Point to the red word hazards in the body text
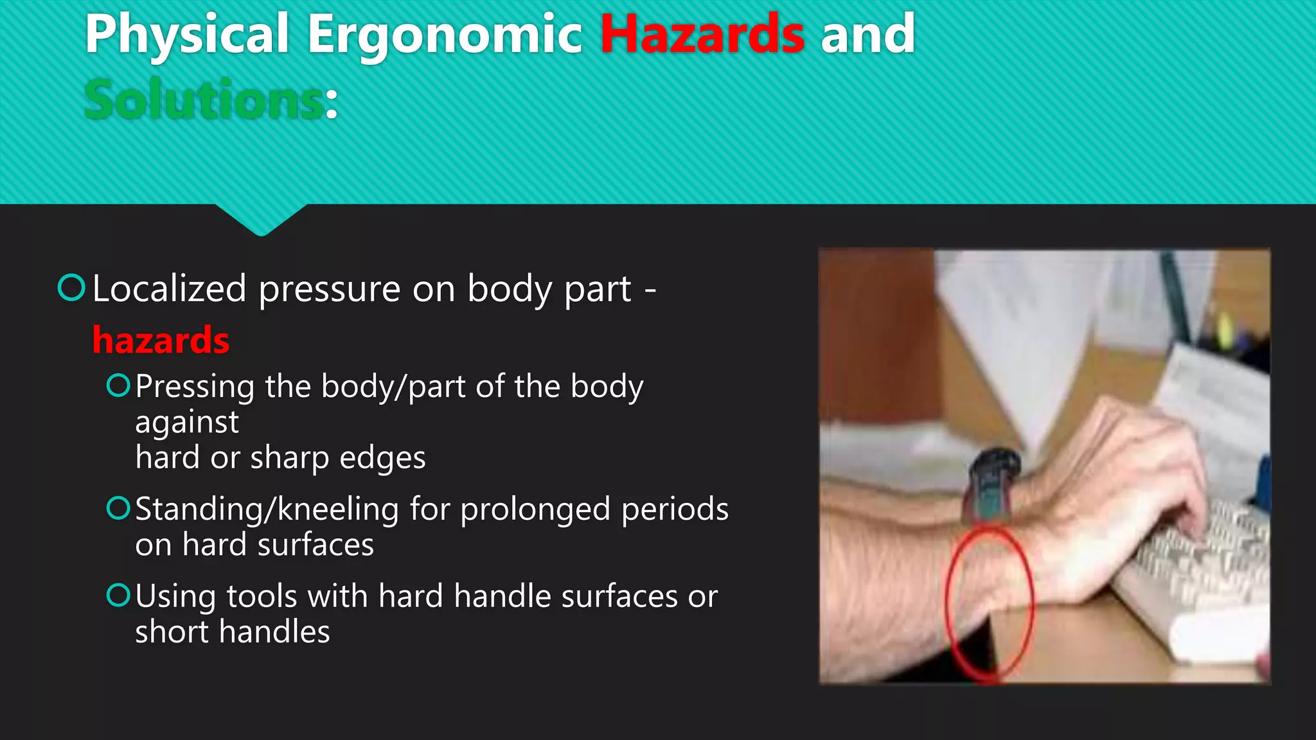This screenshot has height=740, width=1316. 161,340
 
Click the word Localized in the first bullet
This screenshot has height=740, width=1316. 169,288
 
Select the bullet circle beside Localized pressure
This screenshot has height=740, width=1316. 71,287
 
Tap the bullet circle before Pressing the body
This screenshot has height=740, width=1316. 118,385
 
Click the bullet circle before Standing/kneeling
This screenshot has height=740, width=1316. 118,508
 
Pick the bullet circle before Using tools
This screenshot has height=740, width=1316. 118,595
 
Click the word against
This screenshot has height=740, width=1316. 187,423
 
